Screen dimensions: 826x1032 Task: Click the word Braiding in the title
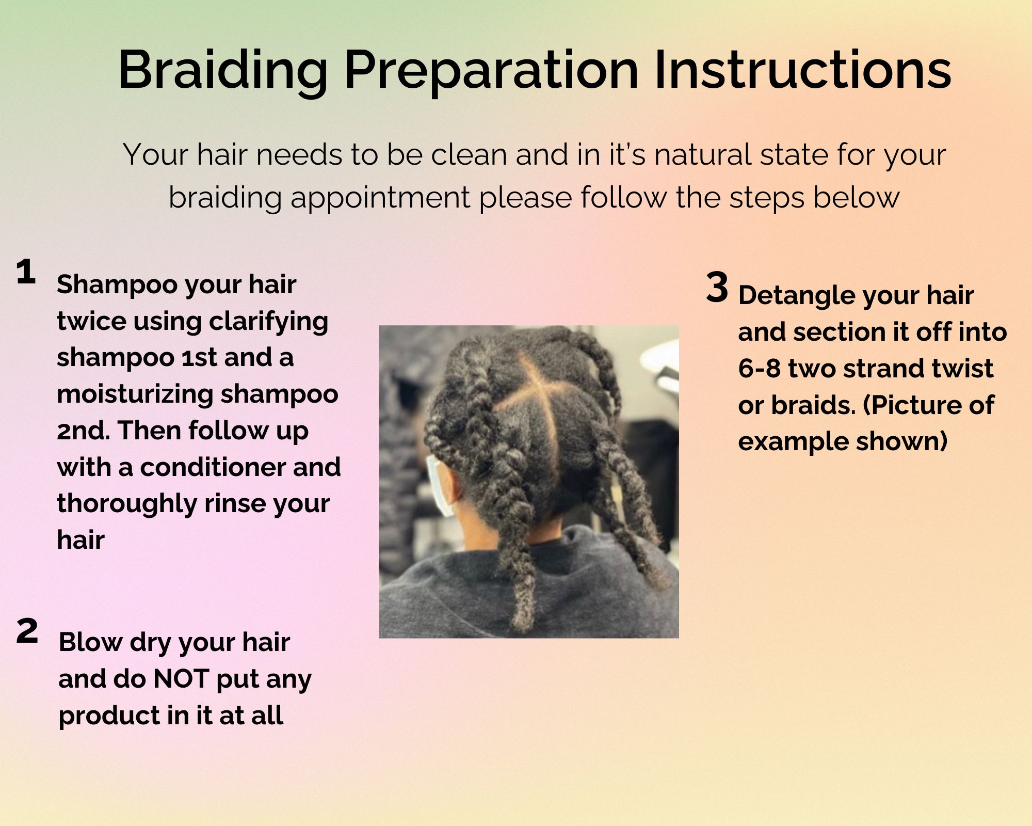click(223, 71)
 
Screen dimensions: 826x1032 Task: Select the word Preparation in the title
click(491, 71)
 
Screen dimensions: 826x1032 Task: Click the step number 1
click(26, 272)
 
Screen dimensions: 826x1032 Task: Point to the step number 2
click(27, 631)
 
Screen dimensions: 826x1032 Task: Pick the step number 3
click(717, 288)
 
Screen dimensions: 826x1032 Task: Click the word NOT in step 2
click(183, 679)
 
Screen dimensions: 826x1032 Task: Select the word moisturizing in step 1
click(135, 394)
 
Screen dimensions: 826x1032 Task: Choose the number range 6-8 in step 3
click(759, 369)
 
